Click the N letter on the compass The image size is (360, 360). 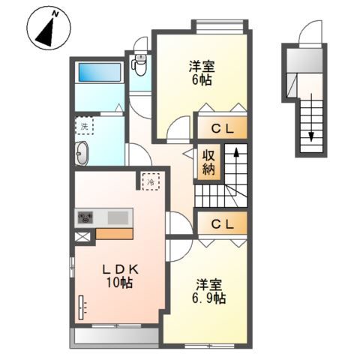[x=55, y=14]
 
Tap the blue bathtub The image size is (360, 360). [x=100, y=73]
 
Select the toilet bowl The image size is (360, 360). [x=140, y=65]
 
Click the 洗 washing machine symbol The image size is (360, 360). [x=85, y=126]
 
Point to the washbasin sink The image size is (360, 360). [x=82, y=153]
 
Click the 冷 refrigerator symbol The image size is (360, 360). [x=151, y=182]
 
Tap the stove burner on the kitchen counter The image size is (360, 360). [x=85, y=217]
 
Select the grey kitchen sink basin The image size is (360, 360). [x=118, y=217]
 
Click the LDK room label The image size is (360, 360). [x=121, y=269]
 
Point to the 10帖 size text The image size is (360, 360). [x=120, y=283]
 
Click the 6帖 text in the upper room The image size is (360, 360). [x=202, y=79]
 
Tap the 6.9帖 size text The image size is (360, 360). [x=209, y=298]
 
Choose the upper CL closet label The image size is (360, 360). [x=223, y=129]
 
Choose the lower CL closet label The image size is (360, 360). [x=223, y=224]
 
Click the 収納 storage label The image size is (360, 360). [x=208, y=163]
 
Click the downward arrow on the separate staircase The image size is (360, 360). [x=311, y=118]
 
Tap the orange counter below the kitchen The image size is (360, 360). [x=114, y=234]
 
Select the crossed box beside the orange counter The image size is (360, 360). [x=82, y=237]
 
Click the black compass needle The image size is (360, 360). [x=47, y=33]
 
